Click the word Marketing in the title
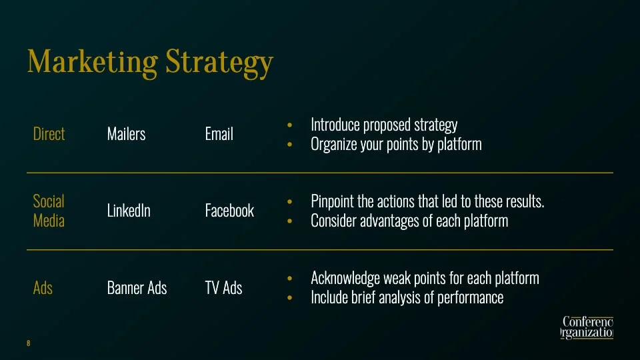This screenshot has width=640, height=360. (92, 61)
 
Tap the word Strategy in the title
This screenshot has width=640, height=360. (219, 63)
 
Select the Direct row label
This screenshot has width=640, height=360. (49, 134)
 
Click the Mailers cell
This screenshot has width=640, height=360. (126, 134)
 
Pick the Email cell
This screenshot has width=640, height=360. (219, 134)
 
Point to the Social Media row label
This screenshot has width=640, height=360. (49, 211)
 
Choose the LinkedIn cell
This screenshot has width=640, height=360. (129, 211)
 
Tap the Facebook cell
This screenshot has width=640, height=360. (229, 211)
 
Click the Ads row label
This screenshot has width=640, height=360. (43, 288)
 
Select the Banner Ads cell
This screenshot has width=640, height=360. (137, 288)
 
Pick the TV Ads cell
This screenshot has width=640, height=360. (223, 288)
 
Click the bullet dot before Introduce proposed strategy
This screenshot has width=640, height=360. (289, 125)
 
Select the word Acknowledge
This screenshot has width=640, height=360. (345, 278)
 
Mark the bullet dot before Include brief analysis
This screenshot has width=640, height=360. (289, 297)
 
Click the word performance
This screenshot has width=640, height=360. (470, 298)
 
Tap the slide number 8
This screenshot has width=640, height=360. (28, 343)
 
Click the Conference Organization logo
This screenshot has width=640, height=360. (587, 327)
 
